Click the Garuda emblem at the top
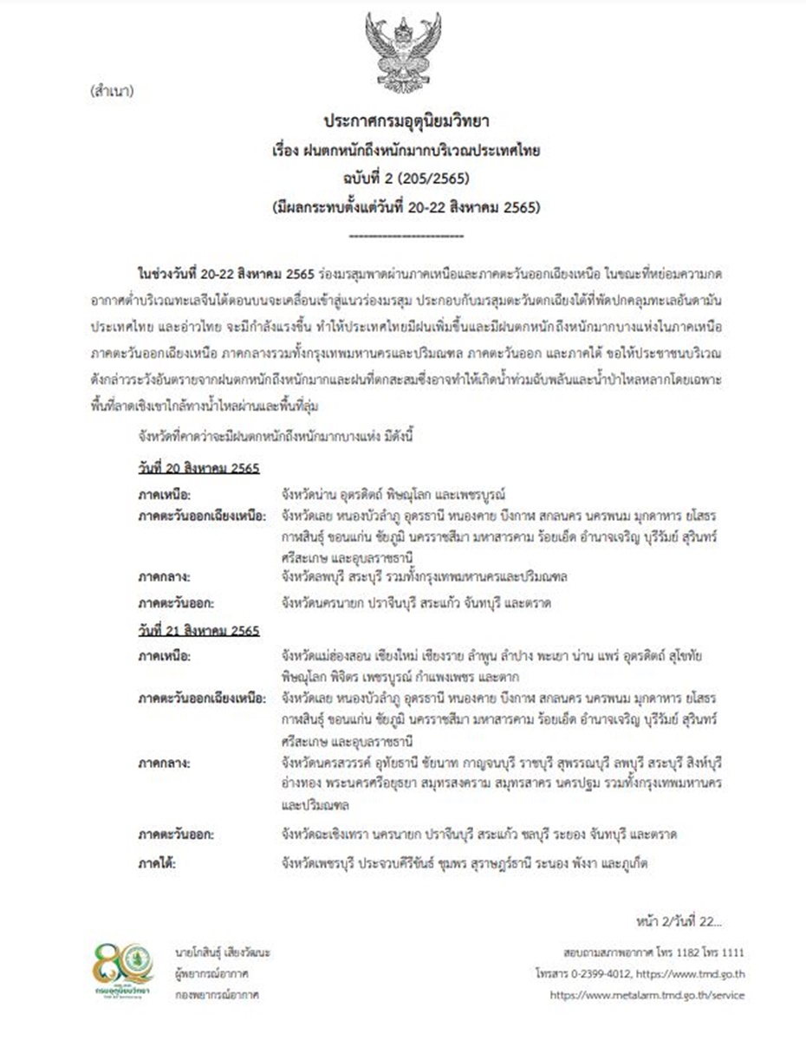(402, 51)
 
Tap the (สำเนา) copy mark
(111, 90)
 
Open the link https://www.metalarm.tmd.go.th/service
(647, 995)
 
